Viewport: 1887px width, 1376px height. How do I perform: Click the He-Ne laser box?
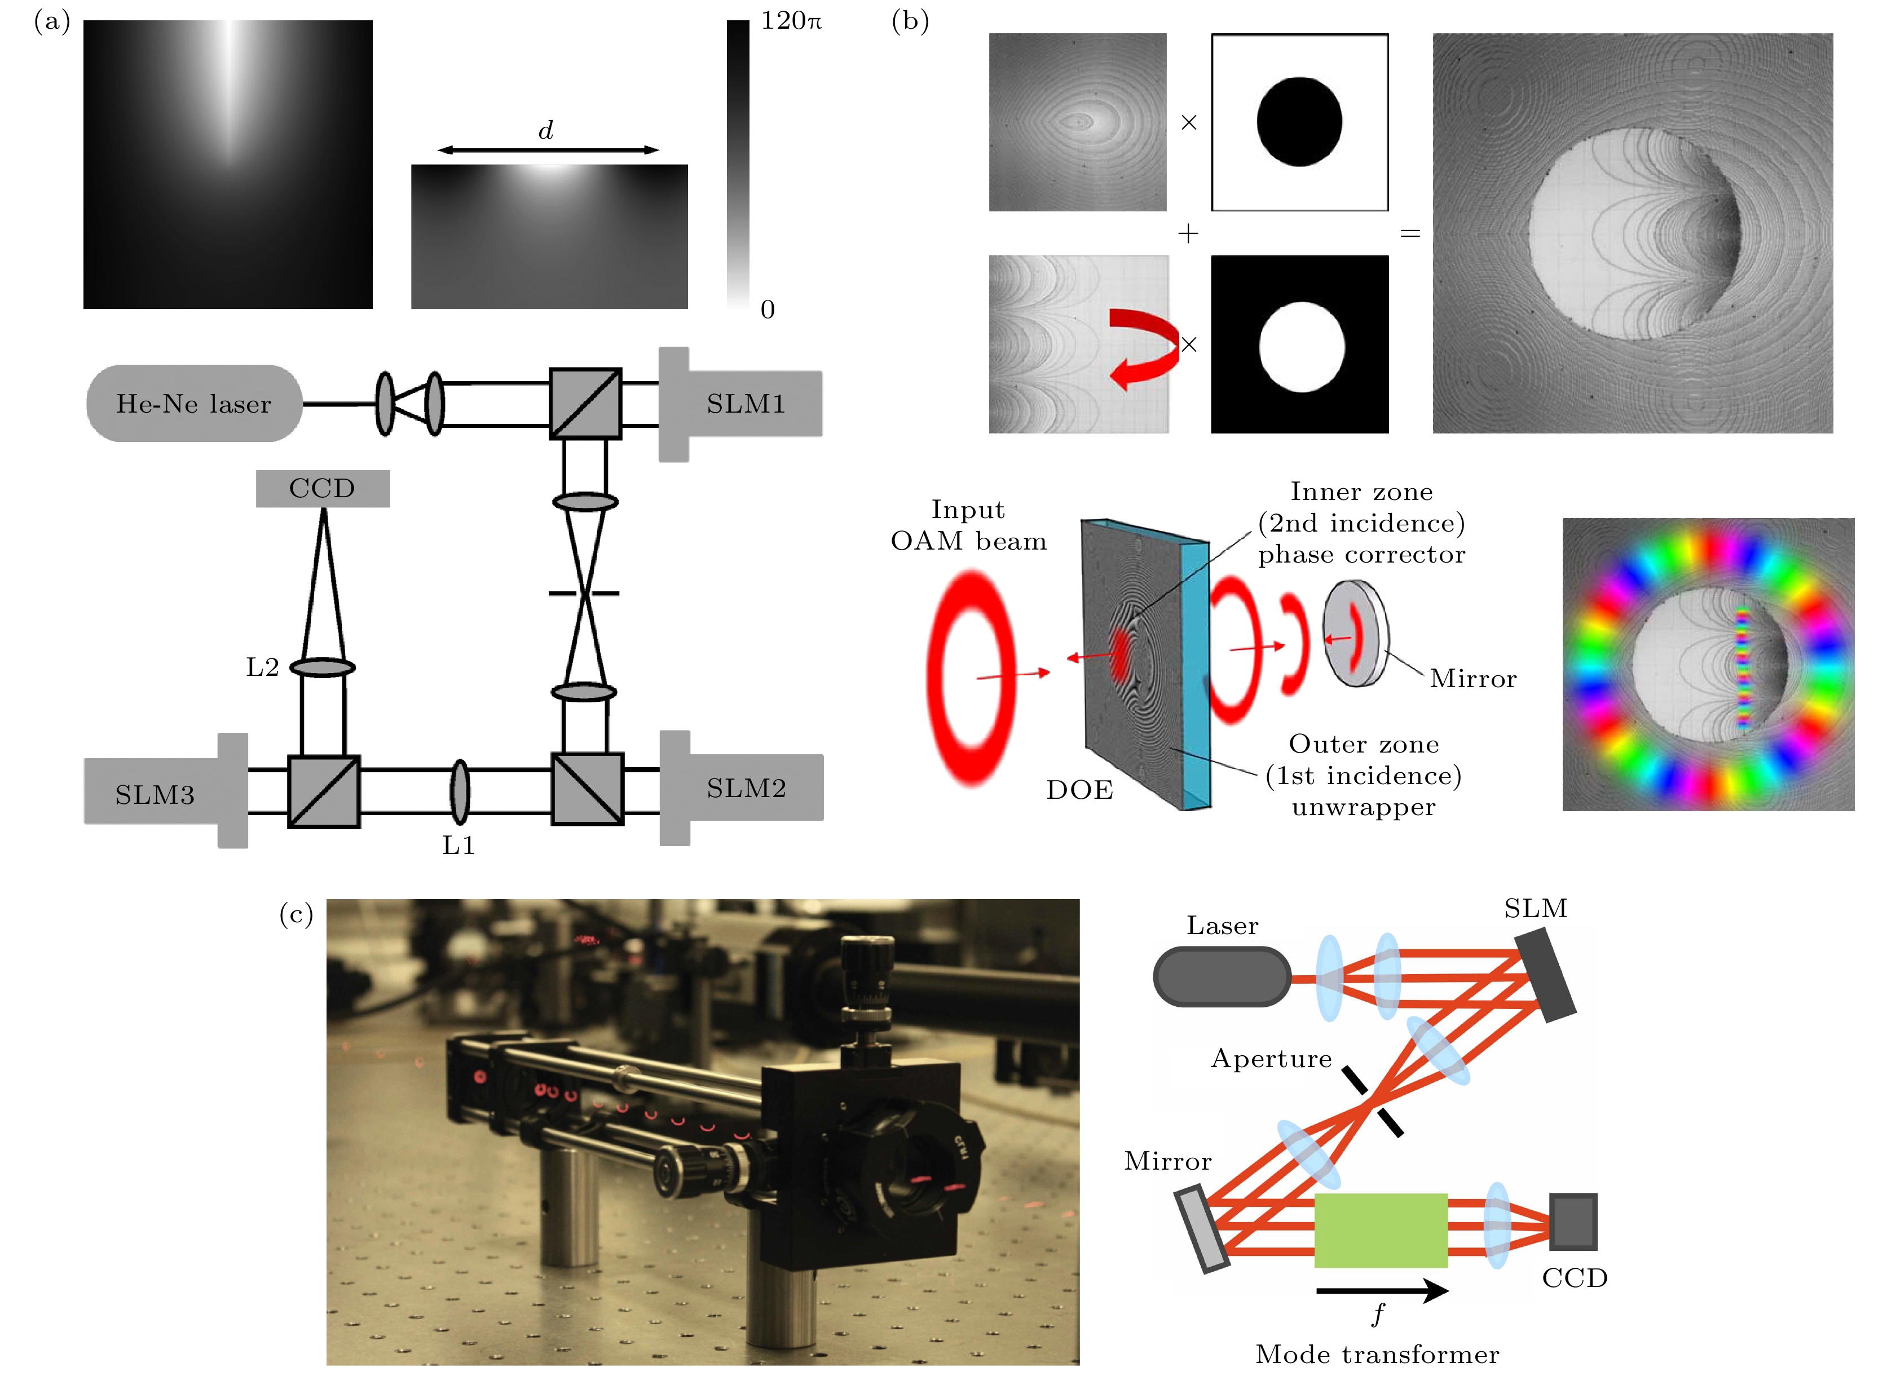[x=194, y=404]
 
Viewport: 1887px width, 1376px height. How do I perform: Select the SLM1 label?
[x=746, y=404]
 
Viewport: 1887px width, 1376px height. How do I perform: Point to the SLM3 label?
[x=155, y=795]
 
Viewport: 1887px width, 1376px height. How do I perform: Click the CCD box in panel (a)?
[x=323, y=488]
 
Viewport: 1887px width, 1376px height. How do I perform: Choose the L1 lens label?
[x=458, y=846]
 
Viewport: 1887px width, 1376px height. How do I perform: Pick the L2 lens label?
[x=262, y=667]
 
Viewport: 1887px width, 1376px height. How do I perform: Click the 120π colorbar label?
[x=791, y=21]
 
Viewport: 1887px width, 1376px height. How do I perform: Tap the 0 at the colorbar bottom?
[x=768, y=310]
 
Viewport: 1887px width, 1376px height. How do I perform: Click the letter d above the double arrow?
[x=546, y=131]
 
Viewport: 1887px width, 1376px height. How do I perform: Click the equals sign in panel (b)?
[x=1410, y=233]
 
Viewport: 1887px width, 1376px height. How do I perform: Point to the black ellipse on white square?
[x=1299, y=122]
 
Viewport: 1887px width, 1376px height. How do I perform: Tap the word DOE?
[x=1080, y=790]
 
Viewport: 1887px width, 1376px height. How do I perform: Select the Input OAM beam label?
[x=968, y=525]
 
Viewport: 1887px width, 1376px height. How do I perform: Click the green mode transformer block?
[x=1381, y=1230]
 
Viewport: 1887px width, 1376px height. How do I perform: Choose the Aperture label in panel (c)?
[x=1271, y=1059]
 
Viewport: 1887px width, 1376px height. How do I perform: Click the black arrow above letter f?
[x=1382, y=1291]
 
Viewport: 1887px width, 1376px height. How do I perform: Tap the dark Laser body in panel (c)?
[x=1222, y=977]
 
